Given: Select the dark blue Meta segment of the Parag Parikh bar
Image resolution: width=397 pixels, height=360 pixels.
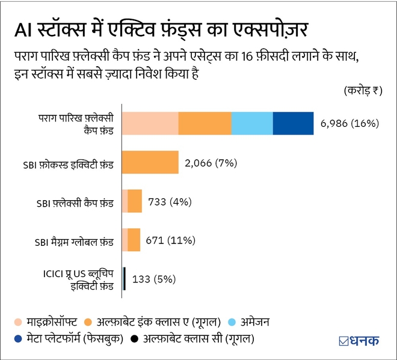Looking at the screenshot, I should pos(293,123).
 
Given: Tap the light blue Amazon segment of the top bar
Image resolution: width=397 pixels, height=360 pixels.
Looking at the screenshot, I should pos(252,123).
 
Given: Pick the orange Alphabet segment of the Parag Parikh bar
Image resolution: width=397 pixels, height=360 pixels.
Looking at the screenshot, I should pos(205,123).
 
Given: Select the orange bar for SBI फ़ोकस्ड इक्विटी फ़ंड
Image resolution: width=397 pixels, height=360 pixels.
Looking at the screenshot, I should pos(150,162).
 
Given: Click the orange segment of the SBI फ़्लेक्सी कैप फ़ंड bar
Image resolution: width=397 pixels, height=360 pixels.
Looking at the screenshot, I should pos(135,201).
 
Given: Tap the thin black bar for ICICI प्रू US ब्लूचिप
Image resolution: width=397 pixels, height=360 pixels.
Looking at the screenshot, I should pos(124,279).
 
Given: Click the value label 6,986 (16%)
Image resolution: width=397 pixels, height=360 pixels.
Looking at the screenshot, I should pos(349,124).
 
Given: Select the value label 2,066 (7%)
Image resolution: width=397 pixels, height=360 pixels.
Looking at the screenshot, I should pos(212,163).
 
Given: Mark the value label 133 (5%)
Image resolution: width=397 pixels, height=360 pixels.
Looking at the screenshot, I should pos(153,279).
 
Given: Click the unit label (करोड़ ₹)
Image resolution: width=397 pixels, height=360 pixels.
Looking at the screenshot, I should pos(362,91).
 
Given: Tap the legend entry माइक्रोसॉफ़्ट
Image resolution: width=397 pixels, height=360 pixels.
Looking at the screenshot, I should pos(48,322).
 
